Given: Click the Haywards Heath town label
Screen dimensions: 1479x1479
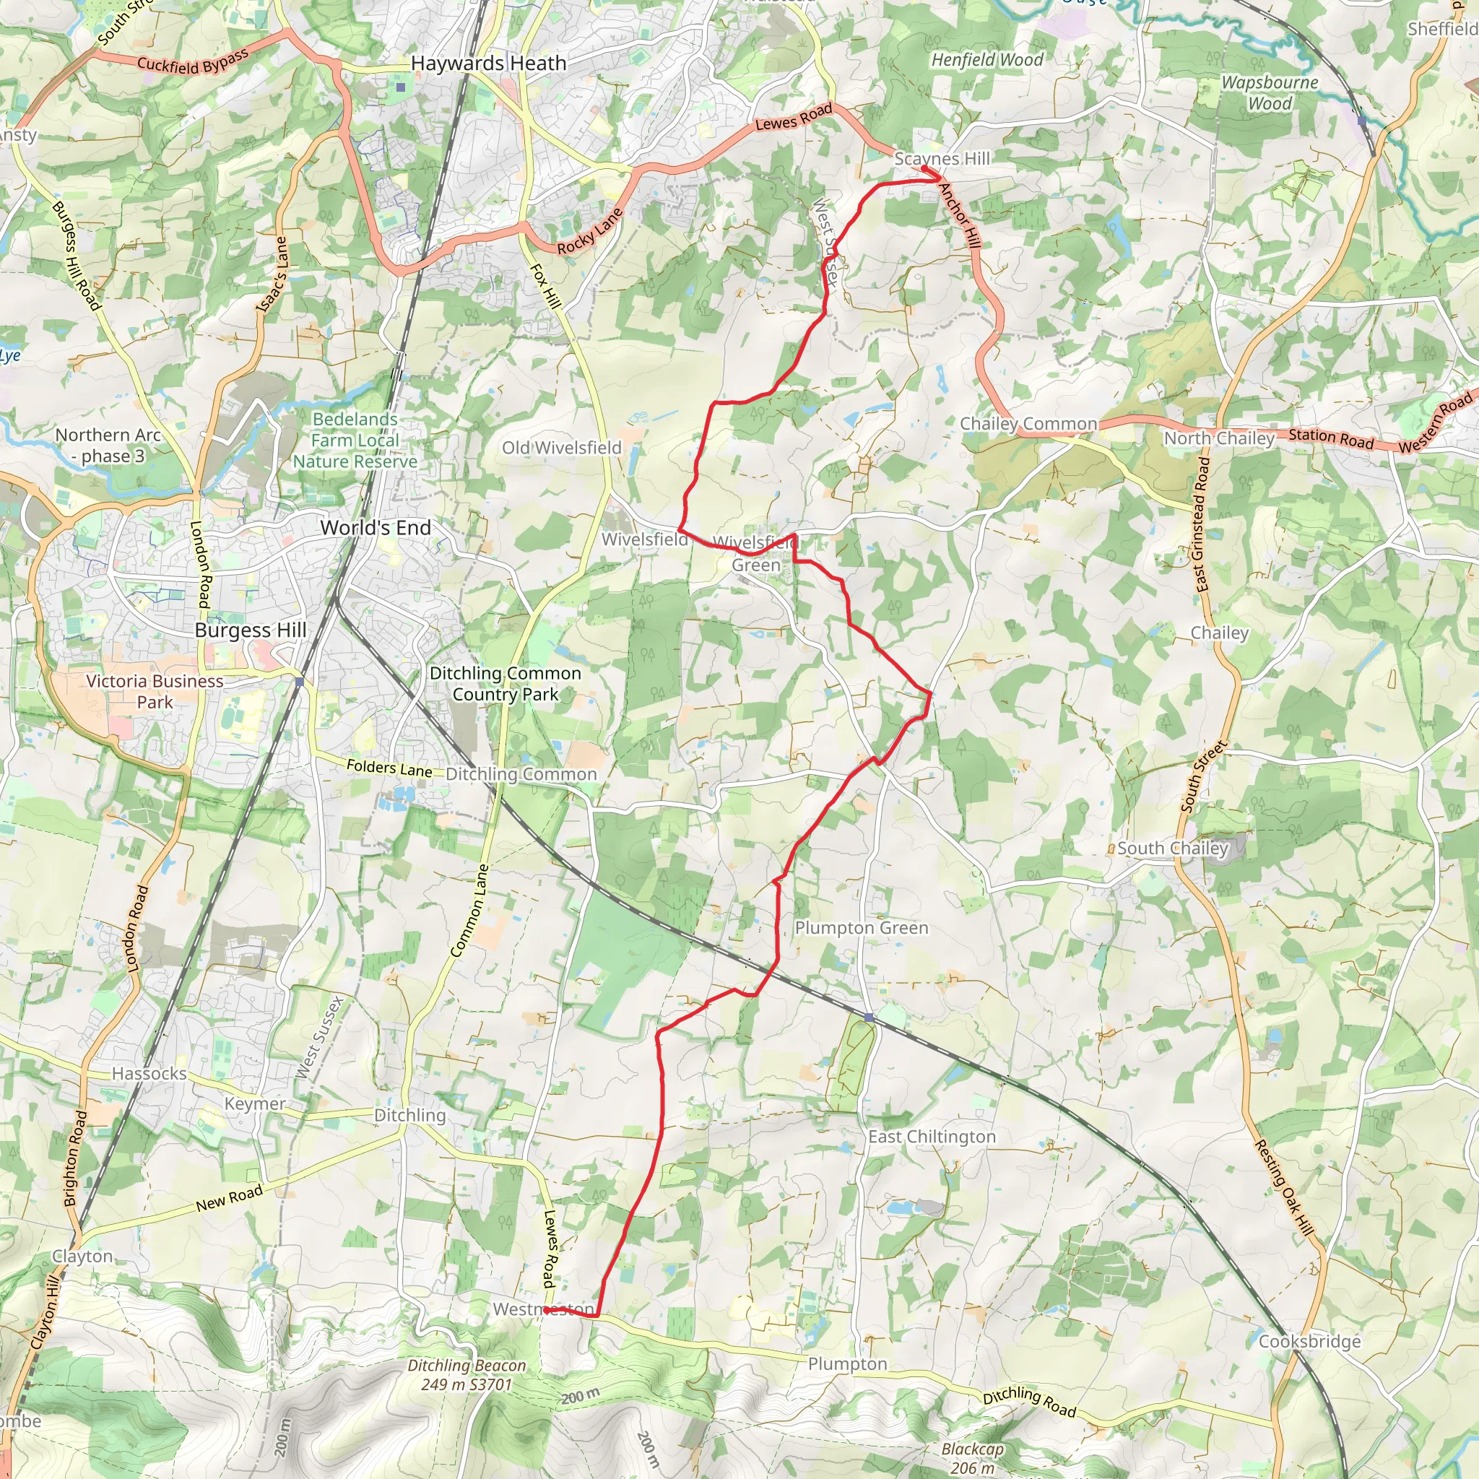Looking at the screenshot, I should point(488,64).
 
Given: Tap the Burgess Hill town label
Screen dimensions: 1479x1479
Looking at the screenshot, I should point(251,630).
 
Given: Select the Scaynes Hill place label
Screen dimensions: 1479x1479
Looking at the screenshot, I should point(942,158).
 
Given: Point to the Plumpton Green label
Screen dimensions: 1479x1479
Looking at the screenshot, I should point(862,928).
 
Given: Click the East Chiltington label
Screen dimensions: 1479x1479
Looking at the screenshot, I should point(932,1137).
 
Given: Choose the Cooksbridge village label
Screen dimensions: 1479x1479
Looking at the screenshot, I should point(1310,1341).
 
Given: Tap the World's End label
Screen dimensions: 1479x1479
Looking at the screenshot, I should point(376,527).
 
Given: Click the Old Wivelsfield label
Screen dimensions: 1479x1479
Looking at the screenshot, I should point(561,448).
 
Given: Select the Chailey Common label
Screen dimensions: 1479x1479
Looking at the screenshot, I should point(1028,423).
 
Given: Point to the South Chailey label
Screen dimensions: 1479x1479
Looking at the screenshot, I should point(1172,849).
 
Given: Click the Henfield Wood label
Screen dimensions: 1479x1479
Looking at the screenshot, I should point(986,60).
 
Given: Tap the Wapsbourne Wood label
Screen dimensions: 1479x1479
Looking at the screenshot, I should point(1270,92).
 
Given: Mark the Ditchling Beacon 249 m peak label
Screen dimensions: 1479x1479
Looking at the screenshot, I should point(467,1375).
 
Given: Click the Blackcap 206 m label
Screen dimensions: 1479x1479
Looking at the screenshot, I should point(972,1458).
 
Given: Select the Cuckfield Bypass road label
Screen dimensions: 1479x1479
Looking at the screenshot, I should point(193,61).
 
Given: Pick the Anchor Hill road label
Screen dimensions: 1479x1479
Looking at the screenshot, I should point(959,216).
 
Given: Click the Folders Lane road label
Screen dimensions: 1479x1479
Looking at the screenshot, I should point(389,768).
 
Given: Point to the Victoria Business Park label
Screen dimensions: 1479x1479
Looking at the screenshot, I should point(155,691).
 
